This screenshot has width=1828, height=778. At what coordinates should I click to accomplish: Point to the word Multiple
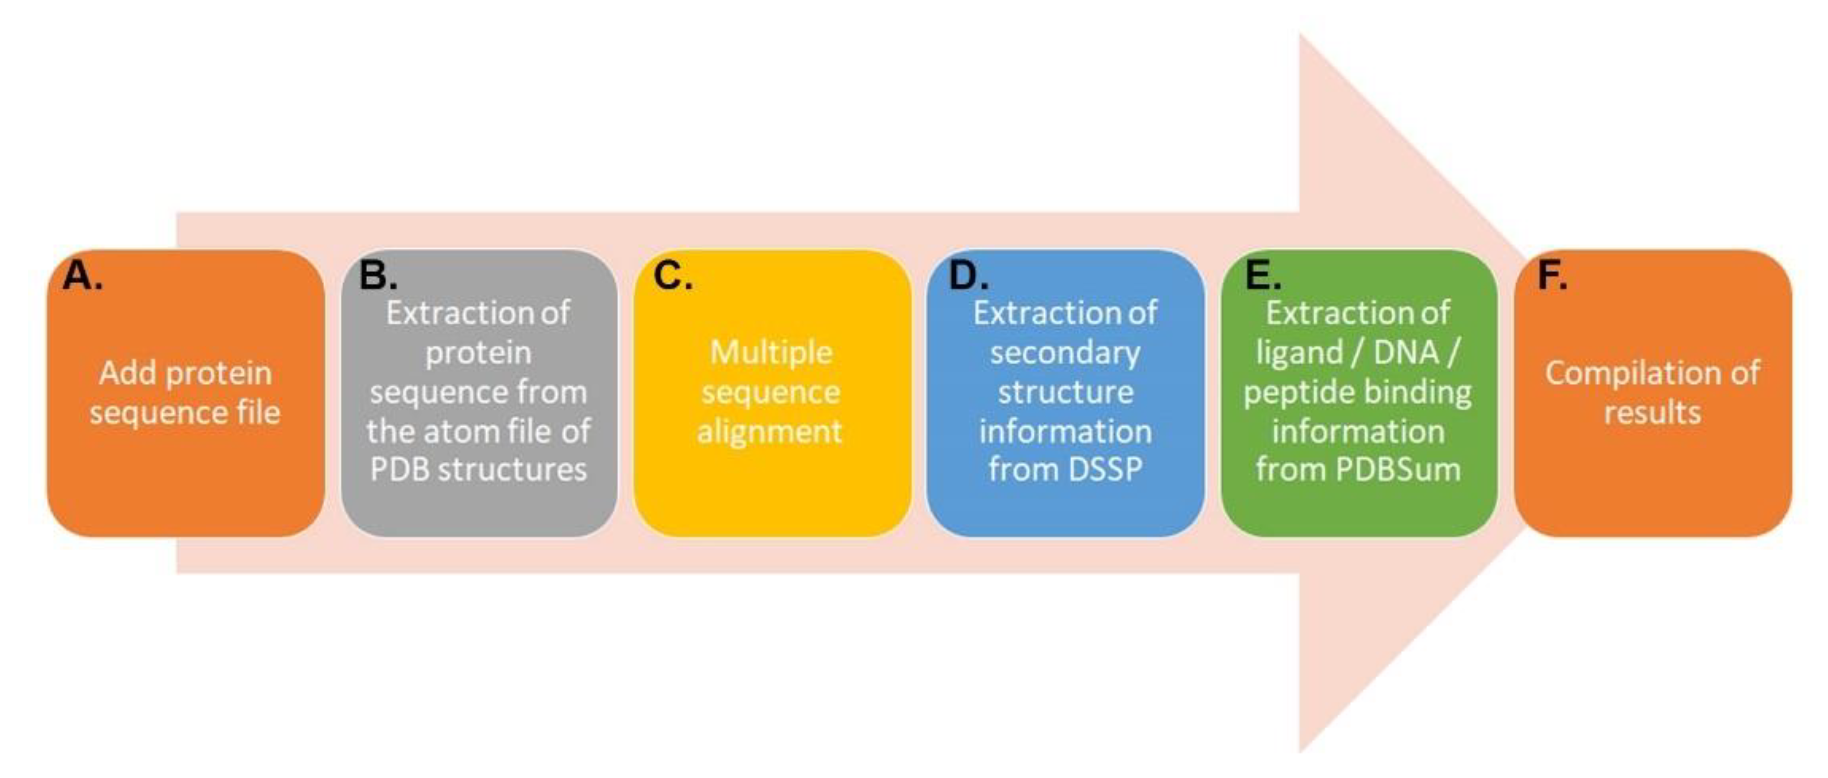coord(771,353)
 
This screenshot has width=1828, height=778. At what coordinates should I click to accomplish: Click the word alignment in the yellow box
coord(769,430)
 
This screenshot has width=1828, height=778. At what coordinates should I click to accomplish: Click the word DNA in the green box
coord(1406,353)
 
